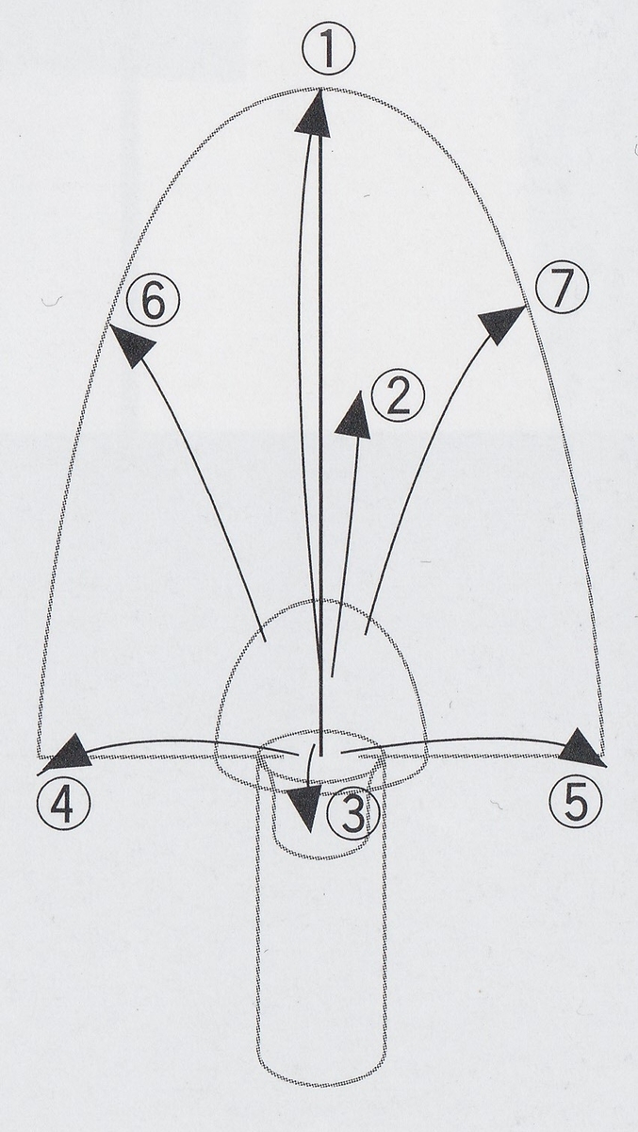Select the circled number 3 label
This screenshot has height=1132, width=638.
(x=353, y=815)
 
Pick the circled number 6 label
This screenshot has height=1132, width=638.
(x=153, y=305)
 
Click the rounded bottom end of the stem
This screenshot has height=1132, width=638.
(x=321, y=1085)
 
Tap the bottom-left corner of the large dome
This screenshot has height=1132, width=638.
(x=39, y=758)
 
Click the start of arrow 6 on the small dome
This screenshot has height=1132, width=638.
(x=266, y=641)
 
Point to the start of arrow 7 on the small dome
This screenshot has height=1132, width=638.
(x=365, y=633)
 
